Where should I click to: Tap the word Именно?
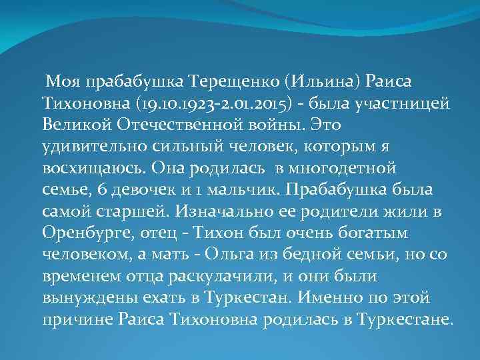coord(336,297)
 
